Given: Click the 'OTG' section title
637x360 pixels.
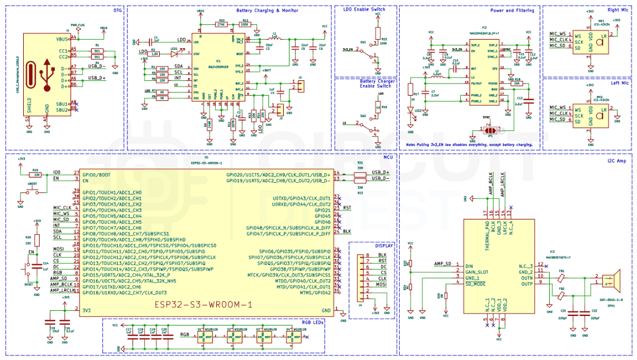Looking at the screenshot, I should tap(117, 10).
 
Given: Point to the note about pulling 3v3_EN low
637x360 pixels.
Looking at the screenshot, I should tap(469, 144).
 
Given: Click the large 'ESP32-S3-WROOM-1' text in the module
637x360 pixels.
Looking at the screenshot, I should tap(202, 305).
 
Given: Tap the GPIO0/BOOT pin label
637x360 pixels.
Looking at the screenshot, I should tap(97, 173).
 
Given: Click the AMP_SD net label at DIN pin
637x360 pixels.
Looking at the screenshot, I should tap(443, 264).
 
